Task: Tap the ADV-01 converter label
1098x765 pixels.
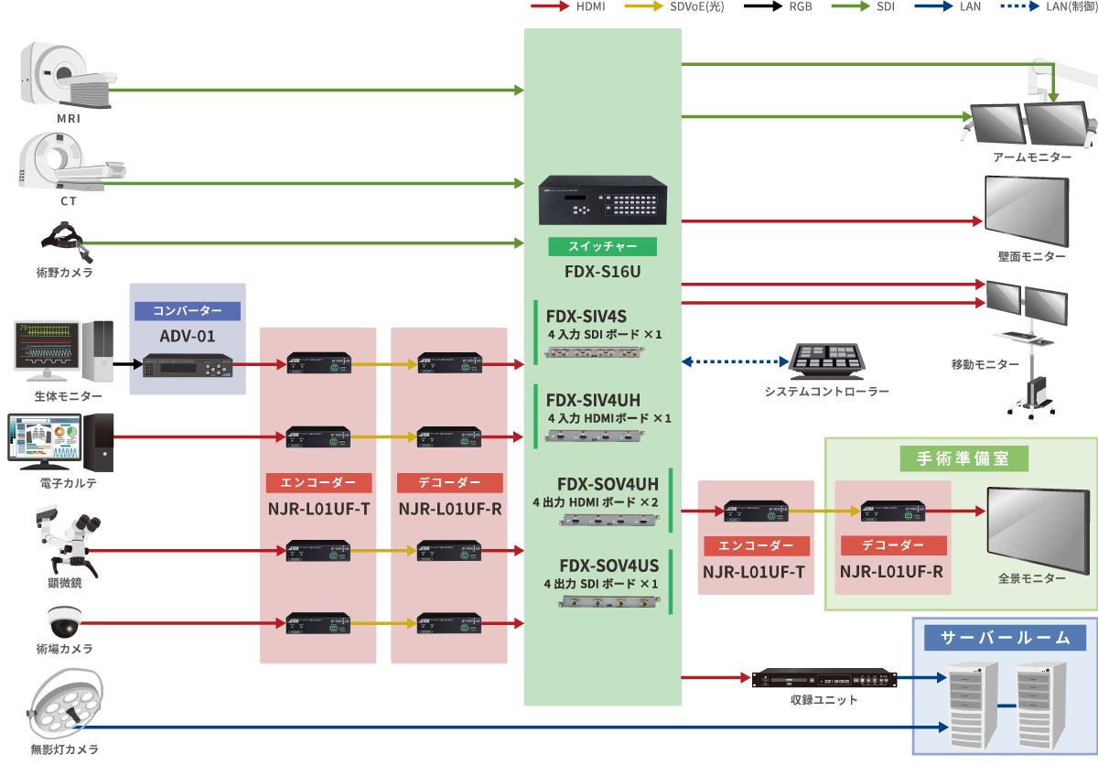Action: tap(187, 336)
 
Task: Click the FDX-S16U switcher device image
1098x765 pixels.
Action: tap(603, 199)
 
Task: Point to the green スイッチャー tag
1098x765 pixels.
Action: tap(602, 247)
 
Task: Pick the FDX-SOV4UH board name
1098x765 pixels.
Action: tap(608, 483)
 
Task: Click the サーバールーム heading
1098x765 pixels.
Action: tap(1004, 638)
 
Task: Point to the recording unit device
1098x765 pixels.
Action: tap(823, 679)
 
